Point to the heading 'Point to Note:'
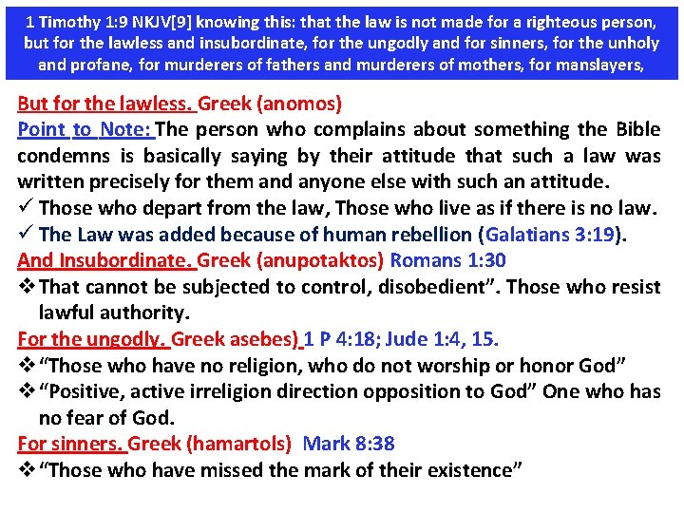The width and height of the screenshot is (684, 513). [86, 129]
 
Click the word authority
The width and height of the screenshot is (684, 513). [145, 313]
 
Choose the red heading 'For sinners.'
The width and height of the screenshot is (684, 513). [70, 444]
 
